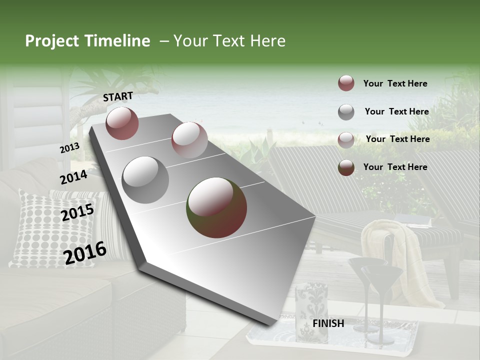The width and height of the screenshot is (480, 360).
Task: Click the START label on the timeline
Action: click(x=118, y=96)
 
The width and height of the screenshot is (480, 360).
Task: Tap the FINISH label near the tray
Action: click(x=328, y=323)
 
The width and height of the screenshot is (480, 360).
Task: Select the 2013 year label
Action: click(x=69, y=147)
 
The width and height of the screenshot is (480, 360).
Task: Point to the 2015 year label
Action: click(x=77, y=212)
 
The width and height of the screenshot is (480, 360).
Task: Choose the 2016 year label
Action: click(x=85, y=252)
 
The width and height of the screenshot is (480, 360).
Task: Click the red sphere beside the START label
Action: click(x=122, y=123)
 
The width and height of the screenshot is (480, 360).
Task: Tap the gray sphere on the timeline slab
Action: click(x=145, y=180)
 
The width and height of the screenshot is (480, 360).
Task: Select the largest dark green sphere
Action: click(x=216, y=207)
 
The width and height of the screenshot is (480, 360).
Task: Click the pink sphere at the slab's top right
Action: click(x=189, y=140)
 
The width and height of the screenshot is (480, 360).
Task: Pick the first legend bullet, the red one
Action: click(x=346, y=83)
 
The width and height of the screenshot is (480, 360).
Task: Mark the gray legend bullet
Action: click(x=346, y=112)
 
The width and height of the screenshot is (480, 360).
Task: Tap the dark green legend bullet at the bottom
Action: click(x=346, y=167)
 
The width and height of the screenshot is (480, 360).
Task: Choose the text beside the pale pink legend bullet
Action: click(x=397, y=139)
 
